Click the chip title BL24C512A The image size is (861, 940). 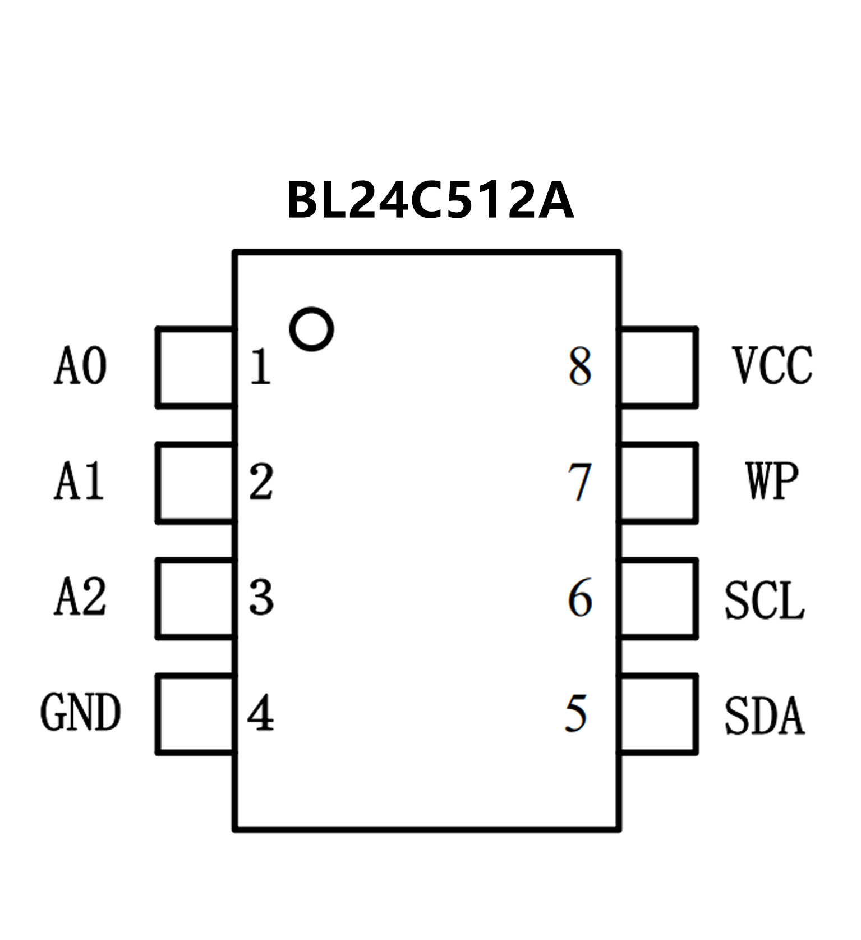[430, 200]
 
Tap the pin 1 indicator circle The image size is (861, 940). [311, 329]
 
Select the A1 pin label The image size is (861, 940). [79, 482]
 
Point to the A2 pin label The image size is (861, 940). [80, 598]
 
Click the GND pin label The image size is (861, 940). [80, 713]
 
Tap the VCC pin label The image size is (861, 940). [772, 366]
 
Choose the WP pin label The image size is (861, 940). [772, 482]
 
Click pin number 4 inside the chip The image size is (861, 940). [261, 713]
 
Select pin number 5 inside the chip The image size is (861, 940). [577, 713]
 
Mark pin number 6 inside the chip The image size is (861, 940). [580, 598]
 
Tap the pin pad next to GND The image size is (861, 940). [195, 714]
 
